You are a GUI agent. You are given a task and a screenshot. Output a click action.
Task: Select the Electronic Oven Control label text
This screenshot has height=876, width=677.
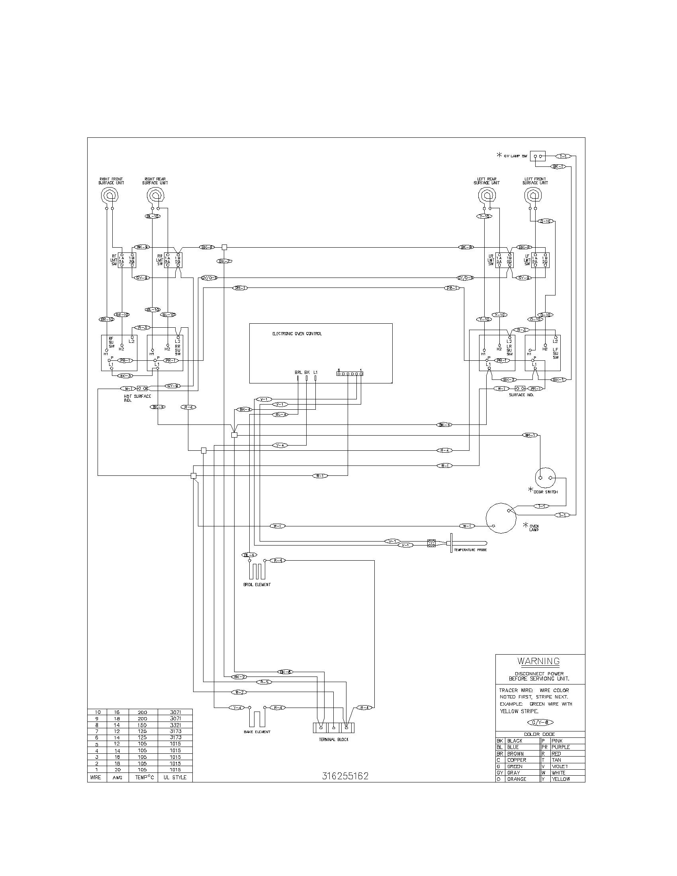(297, 334)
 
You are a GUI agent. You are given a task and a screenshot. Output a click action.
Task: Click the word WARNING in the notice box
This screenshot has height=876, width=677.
(538, 661)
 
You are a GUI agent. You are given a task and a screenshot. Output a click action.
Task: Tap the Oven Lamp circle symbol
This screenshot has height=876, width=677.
(501, 518)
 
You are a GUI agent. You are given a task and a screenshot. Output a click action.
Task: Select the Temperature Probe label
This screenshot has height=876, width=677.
(470, 550)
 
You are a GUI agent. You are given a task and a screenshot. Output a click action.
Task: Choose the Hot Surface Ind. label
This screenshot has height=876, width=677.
(137, 398)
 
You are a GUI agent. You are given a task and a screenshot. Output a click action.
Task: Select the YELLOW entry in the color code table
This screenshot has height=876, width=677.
(560, 779)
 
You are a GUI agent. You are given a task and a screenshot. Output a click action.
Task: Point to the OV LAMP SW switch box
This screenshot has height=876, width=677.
(538, 156)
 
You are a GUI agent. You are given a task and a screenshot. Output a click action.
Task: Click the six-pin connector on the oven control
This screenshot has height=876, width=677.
(350, 373)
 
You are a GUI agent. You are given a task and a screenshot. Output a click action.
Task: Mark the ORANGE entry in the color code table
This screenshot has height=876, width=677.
(517, 779)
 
